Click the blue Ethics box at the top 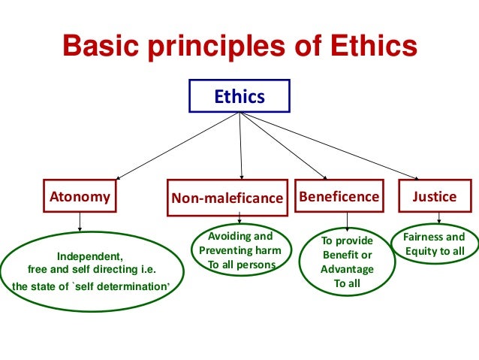(239, 96)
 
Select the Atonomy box (80, 197)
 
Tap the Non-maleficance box (227, 198)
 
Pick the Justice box (434, 197)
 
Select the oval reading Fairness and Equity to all (434, 245)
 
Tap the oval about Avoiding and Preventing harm (239, 251)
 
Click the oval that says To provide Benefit (346, 262)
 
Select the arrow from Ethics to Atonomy (176, 147)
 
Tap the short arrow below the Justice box (438, 219)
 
